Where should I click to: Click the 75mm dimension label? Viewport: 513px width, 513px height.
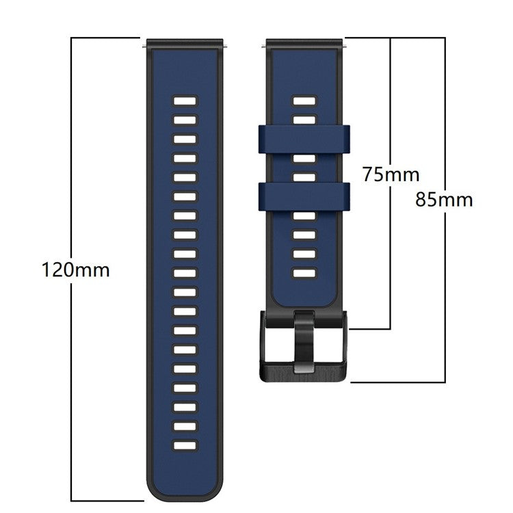[x=391, y=174]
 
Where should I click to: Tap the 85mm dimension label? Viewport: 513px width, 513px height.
[x=444, y=200]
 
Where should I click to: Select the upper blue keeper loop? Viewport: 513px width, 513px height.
[x=304, y=139]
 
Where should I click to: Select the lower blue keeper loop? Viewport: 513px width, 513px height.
[x=304, y=196]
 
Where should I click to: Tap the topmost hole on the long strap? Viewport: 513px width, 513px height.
[x=185, y=101]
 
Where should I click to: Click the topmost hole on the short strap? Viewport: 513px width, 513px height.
[x=305, y=101]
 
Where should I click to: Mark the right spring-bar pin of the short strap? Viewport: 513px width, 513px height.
[x=345, y=45]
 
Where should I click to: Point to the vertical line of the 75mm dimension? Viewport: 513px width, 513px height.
[x=390, y=260]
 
